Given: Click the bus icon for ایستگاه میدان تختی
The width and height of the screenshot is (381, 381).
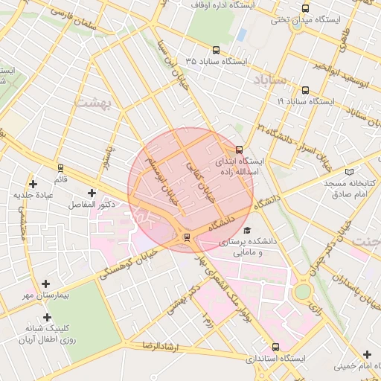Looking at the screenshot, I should (305, 8).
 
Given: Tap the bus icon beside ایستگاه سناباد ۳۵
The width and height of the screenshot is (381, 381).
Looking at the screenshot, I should (216, 51).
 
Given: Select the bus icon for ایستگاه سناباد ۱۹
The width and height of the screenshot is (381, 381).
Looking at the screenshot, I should (305, 90).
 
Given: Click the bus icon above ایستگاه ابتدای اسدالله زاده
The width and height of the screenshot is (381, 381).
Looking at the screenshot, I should (239, 149).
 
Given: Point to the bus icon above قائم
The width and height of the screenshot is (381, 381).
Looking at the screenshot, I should (60, 167).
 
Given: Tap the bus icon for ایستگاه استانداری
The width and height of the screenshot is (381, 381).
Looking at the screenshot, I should (276, 347).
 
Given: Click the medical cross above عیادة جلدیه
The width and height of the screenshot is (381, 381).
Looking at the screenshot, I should (32, 184).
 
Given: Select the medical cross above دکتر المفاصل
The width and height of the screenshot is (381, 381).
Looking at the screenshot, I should (92, 193).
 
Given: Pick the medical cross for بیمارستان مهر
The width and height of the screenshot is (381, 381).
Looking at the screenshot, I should (46, 284).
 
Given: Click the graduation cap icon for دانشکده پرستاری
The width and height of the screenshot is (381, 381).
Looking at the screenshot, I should (247, 231).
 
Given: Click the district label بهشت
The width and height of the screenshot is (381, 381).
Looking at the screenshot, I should (94, 102).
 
